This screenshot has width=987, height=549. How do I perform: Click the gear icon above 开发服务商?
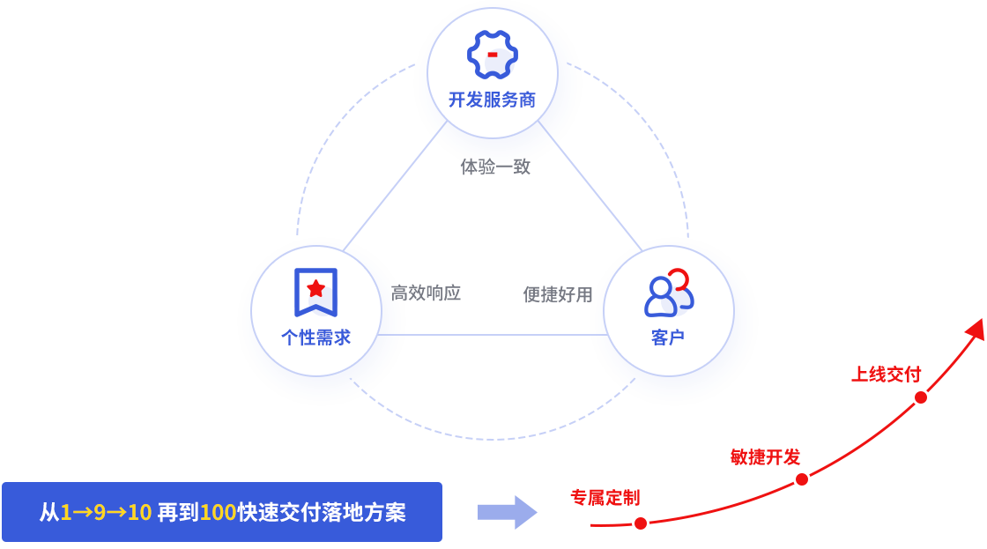click(x=492, y=55)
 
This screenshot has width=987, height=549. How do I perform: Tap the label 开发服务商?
click(x=492, y=100)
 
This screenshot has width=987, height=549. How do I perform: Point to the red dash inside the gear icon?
click(x=492, y=56)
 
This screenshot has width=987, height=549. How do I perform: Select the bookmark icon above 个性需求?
click(x=315, y=292)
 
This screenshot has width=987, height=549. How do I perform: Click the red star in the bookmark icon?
click(x=315, y=288)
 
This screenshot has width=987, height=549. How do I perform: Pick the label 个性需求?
click(x=315, y=338)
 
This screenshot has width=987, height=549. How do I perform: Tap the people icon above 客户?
click(x=668, y=293)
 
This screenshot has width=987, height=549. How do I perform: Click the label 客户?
click(x=668, y=338)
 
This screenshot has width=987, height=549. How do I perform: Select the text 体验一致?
click(x=495, y=167)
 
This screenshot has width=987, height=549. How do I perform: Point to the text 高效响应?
click(x=426, y=293)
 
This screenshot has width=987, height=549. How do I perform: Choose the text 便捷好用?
click(x=558, y=294)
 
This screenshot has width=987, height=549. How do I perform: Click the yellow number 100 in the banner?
click(x=218, y=512)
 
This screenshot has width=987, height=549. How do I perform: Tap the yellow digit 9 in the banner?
click(x=100, y=512)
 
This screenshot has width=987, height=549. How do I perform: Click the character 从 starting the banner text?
click(x=48, y=512)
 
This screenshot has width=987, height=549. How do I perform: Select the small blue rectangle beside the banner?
click(x=507, y=512)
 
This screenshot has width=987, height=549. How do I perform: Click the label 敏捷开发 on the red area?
click(x=768, y=456)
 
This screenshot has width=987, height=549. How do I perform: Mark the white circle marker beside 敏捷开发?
click(x=801, y=480)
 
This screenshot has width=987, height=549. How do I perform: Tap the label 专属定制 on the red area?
click(x=598, y=497)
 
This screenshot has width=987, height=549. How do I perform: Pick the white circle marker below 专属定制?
click(x=641, y=523)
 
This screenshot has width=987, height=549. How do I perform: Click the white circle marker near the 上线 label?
click(x=921, y=397)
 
